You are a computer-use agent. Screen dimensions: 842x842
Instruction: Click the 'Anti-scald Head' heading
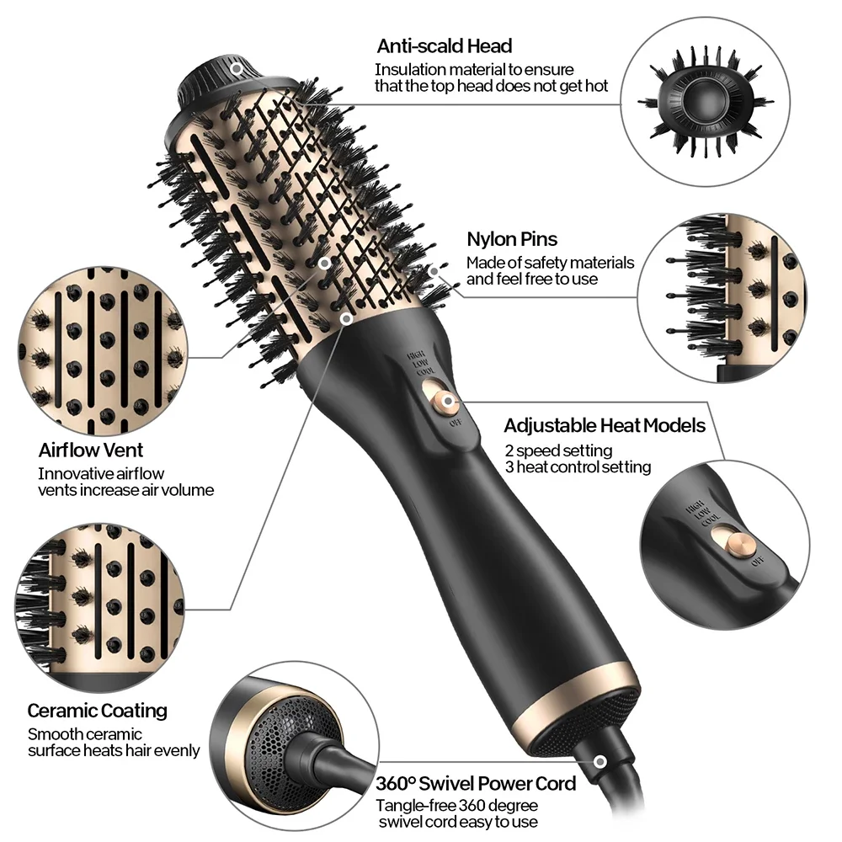click(x=444, y=45)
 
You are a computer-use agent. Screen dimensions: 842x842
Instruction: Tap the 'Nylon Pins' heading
click(x=511, y=240)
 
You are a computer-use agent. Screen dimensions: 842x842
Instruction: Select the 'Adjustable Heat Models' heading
click(x=605, y=425)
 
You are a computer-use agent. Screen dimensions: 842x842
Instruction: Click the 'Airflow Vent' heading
click(x=91, y=450)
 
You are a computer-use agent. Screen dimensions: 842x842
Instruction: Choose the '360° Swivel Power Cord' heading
click(x=476, y=783)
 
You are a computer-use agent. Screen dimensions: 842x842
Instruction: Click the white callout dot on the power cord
click(x=600, y=761)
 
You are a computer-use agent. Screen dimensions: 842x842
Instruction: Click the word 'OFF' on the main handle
click(x=455, y=424)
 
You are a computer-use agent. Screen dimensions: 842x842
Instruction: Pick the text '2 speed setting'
click(x=558, y=450)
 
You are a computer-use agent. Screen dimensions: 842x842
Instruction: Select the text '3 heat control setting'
click(x=578, y=466)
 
